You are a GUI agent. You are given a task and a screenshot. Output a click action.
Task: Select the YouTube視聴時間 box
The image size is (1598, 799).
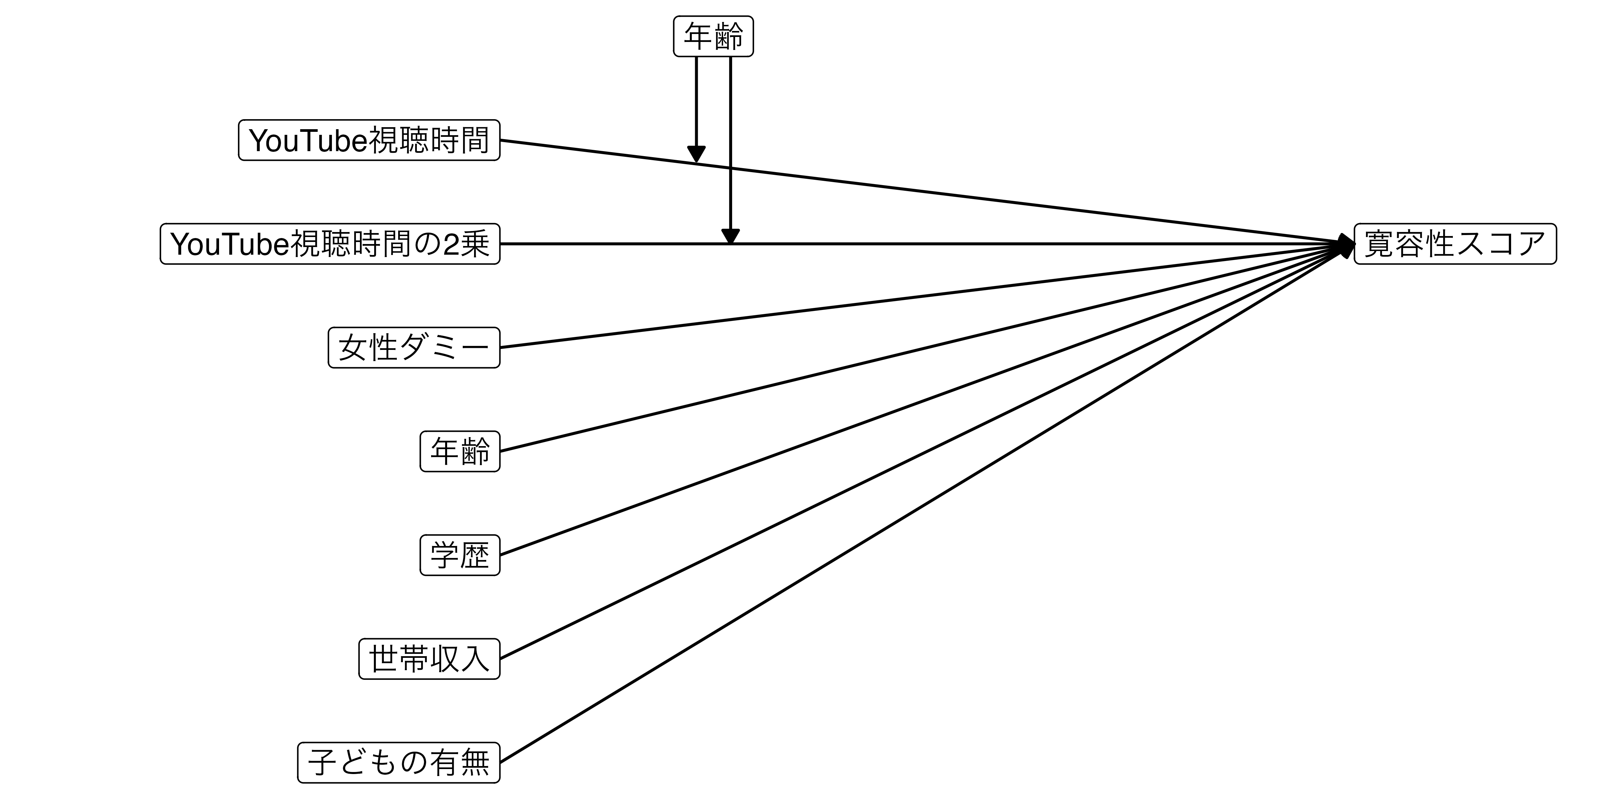tap(369, 140)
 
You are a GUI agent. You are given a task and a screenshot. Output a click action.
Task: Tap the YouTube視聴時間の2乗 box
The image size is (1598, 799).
tap(330, 244)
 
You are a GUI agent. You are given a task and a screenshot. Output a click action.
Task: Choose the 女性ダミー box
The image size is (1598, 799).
tap(414, 347)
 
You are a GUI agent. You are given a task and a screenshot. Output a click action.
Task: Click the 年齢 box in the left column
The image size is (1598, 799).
tap(460, 451)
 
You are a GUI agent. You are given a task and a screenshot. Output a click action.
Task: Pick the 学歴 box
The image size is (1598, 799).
tap(460, 555)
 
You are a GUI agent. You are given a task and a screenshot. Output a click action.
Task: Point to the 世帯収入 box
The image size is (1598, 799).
tap(429, 658)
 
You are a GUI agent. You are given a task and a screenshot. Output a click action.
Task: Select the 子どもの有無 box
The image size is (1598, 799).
tap(399, 762)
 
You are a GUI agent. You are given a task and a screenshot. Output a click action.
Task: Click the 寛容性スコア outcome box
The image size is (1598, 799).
tap(1455, 244)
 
